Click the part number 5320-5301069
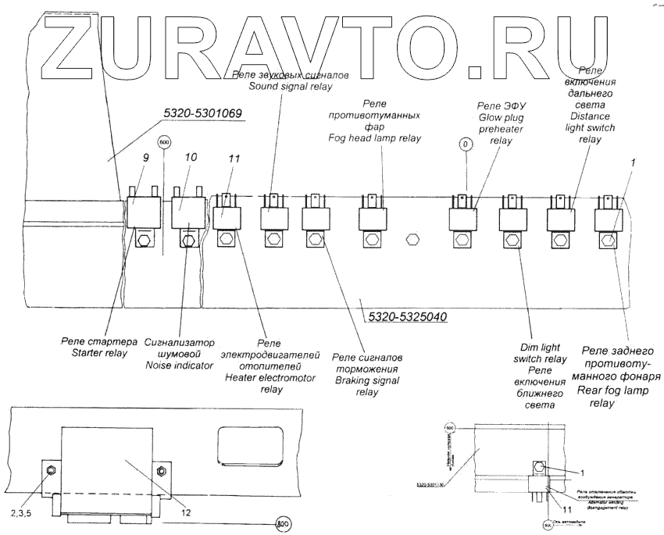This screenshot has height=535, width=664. pyautogui.click(x=203, y=114)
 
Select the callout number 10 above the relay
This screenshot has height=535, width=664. pyautogui.click(x=191, y=158)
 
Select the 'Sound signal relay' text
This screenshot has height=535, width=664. pyautogui.click(x=291, y=86)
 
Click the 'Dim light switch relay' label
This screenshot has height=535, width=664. pyautogui.click(x=544, y=358)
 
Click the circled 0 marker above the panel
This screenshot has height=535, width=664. pyautogui.click(x=465, y=144)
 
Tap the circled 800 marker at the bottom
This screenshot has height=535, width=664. pyautogui.click(x=282, y=525)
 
